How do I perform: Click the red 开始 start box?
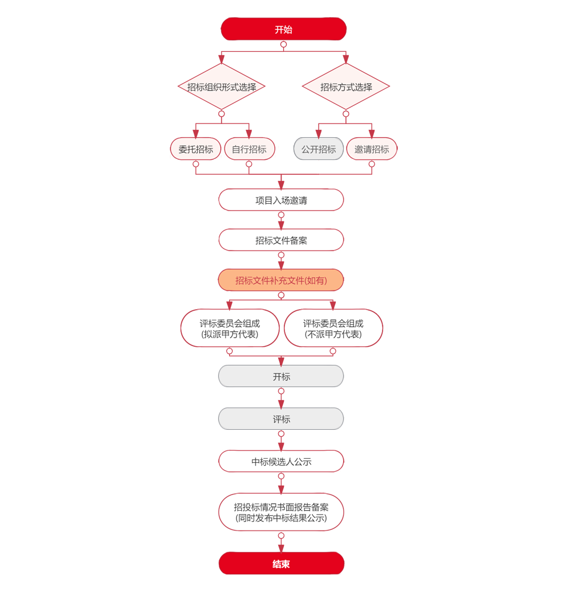coord(283,30)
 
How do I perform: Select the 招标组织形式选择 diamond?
coord(222,87)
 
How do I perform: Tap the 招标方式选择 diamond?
coord(346,87)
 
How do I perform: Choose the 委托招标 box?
coord(196,149)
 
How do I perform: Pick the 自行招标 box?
coord(249,149)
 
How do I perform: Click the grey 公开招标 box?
coord(319,149)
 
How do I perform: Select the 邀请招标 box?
coord(372,149)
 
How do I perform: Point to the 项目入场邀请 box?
coord(281,200)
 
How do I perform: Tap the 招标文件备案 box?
coord(281,240)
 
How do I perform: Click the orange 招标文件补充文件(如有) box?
coord(281,281)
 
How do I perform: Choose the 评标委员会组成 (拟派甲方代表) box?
coord(230,328)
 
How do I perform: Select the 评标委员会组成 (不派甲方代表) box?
coord(333,328)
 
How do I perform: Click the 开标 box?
coord(281,377)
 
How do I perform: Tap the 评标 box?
coord(281,420)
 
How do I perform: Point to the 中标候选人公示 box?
coord(281,462)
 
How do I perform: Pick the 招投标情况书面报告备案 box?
coord(281,512)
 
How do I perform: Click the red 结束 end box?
coord(281,565)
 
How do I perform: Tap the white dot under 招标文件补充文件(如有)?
coord(281,295)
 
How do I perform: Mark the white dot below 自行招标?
coord(249,164)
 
